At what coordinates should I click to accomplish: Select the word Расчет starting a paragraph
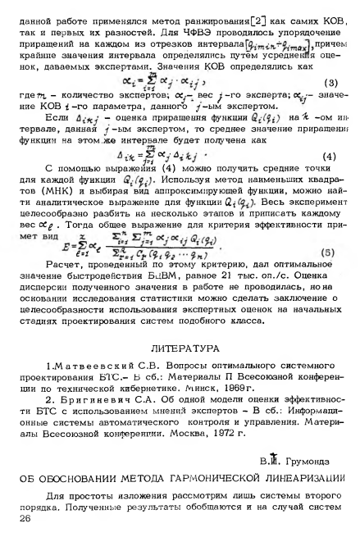[x=55, y=271]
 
